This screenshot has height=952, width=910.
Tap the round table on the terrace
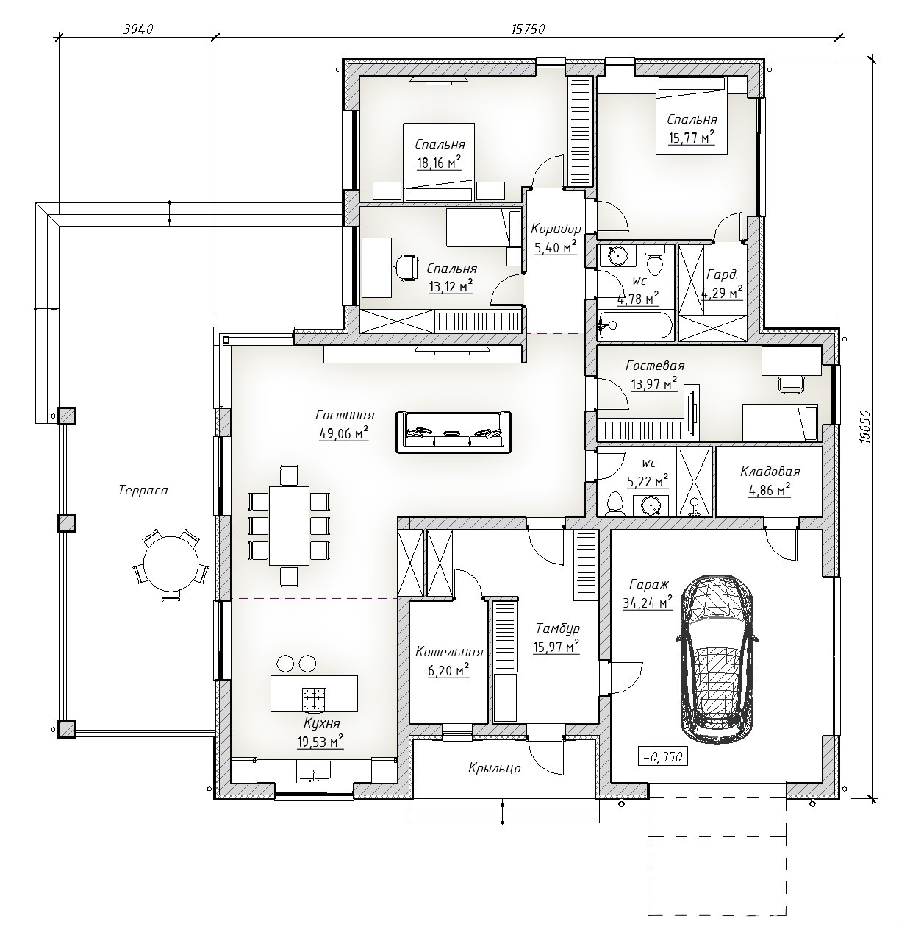pyautogui.click(x=171, y=564)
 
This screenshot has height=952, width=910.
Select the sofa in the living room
pyautogui.click(x=454, y=433)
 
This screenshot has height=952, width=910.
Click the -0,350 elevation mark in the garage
pyautogui.click(x=663, y=757)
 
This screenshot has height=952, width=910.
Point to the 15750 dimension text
pyautogui.click(x=528, y=29)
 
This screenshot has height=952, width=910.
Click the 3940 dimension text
pyautogui.click(x=137, y=29)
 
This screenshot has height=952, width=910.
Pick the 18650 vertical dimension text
pyautogui.click(x=864, y=427)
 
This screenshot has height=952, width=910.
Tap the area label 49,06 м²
pyautogui.click(x=343, y=433)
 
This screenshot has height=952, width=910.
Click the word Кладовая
pyautogui.click(x=770, y=472)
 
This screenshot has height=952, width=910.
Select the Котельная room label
pyautogui.click(x=449, y=652)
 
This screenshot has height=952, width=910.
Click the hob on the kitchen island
pyautogui.click(x=314, y=699)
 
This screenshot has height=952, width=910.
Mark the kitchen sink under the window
pyautogui.click(x=314, y=771)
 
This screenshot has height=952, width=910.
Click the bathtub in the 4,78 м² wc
pyautogui.click(x=634, y=324)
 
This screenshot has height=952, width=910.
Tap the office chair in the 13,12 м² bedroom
pyautogui.click(x=406, y=268)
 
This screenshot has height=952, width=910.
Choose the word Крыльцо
pyautogui.click(x=495, y=769)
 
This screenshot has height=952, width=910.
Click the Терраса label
pyautogui.click(x=143, y=490)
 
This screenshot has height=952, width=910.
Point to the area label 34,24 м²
pyautogui.click(x=648, y=603)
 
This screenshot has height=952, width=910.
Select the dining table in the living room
pyautogui.click(x=290, y=525)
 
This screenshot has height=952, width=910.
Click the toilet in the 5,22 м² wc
pyautogui.click(x=615, y=503)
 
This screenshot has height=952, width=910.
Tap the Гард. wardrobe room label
pyautogui.click(x=723, y=275)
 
